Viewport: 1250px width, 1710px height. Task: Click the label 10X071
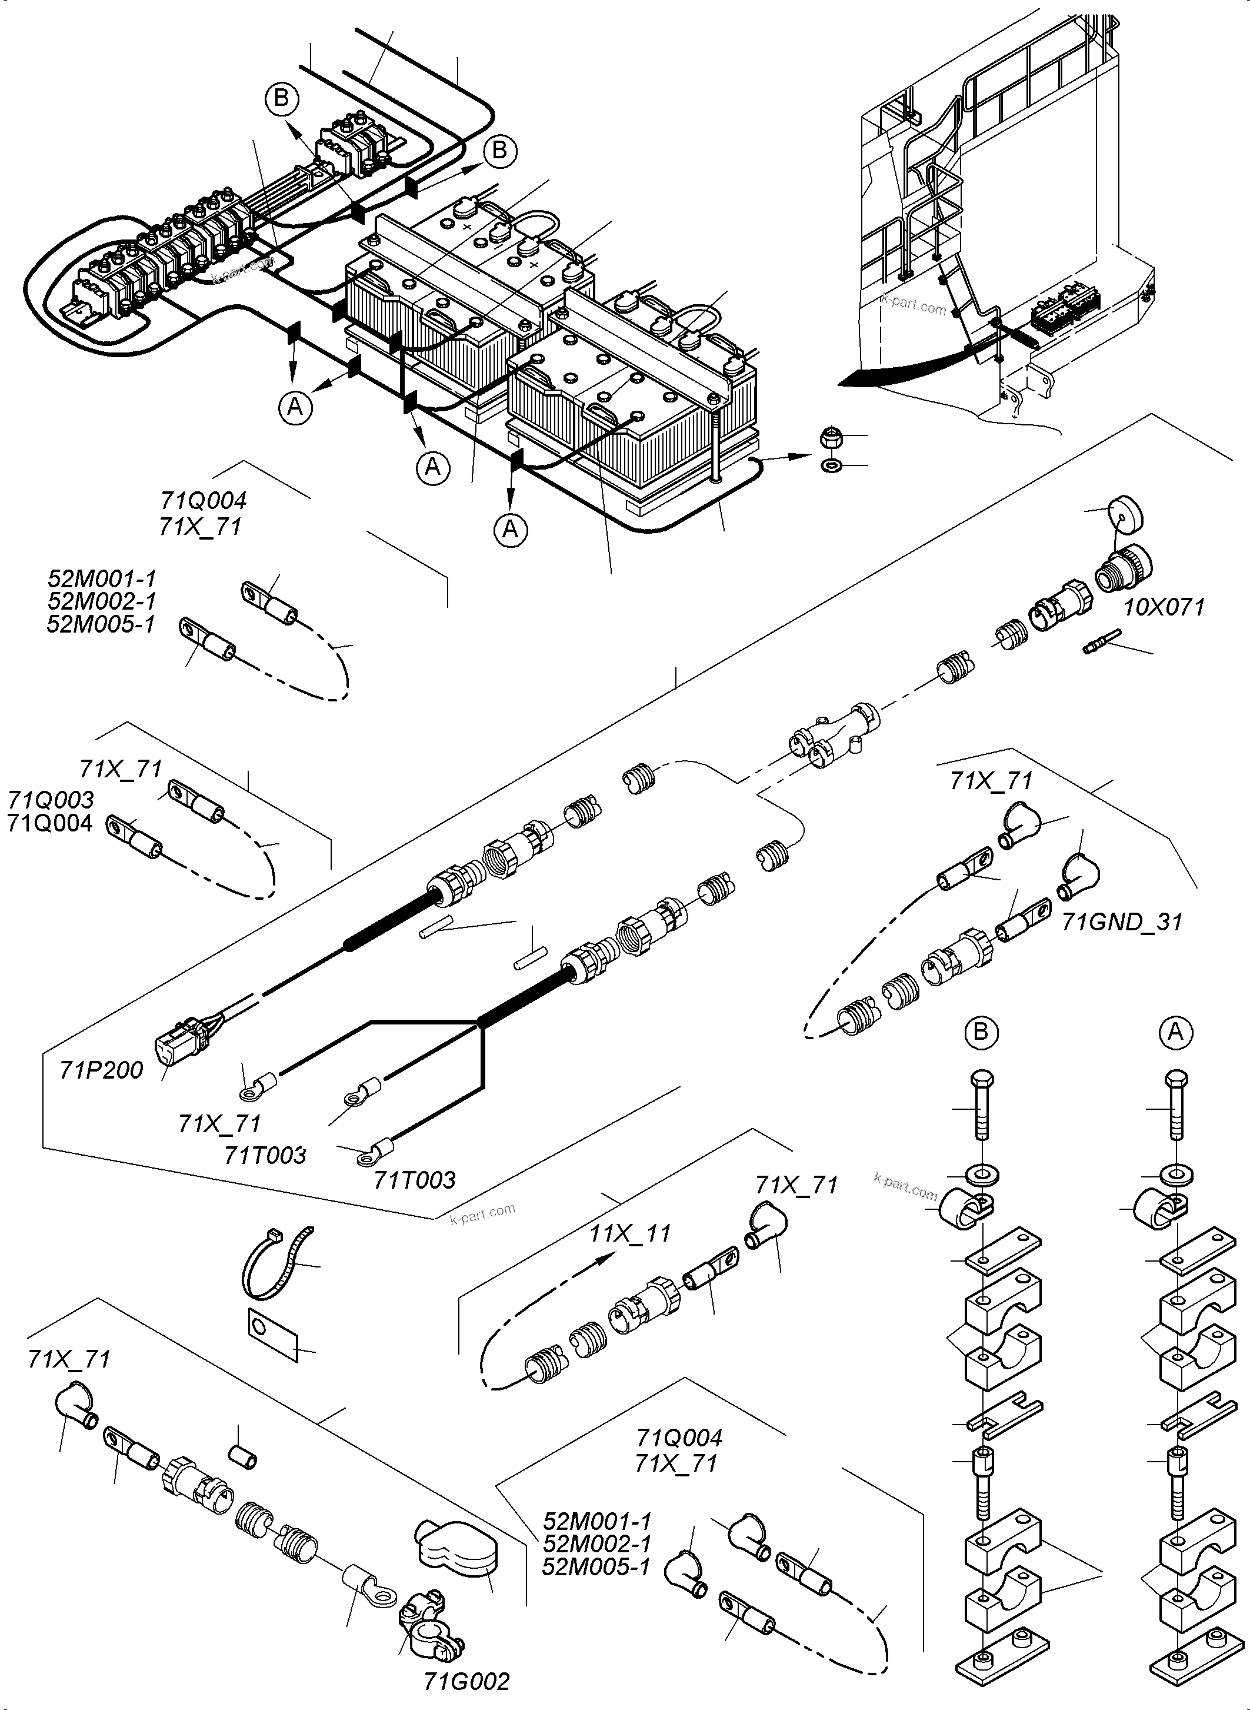tap(1164, 607)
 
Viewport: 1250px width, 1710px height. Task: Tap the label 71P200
tap(101, 1070)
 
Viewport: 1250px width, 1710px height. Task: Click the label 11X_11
tap(631, 1234)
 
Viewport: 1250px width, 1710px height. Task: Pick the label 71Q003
tap(51, 799)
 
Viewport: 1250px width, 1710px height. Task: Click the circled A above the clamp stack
tap(1175, 1033)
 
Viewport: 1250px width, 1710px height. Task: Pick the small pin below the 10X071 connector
tap(1095, 648)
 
